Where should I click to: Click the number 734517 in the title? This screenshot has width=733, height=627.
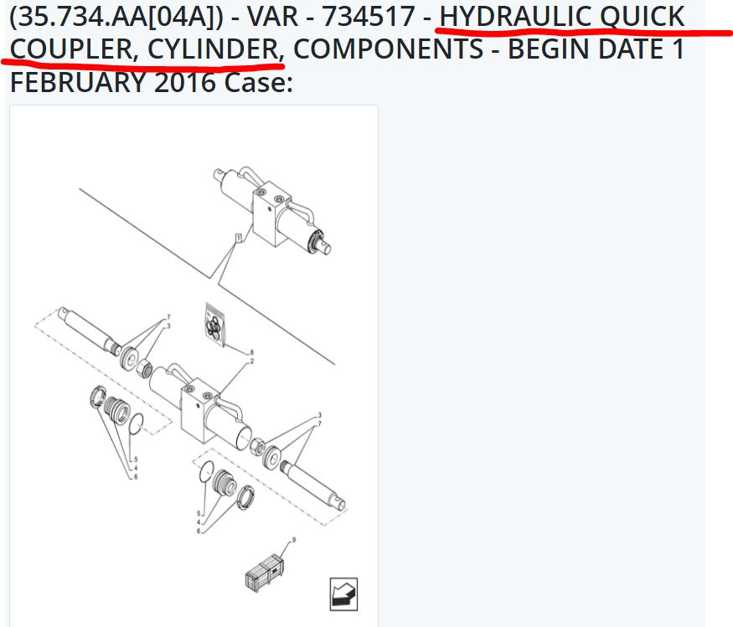368,17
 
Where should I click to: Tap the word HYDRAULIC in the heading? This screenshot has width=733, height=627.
514,17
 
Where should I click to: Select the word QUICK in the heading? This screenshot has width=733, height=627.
642,18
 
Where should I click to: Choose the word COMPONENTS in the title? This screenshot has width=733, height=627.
388,49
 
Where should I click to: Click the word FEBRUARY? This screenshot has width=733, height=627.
78,82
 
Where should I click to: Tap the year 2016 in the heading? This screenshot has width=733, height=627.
184,82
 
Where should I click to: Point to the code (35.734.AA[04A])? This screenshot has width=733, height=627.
116,18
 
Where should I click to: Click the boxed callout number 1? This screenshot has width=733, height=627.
239,239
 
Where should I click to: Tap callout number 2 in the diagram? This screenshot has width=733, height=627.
252,361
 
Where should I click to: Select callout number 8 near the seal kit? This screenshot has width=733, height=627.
252,352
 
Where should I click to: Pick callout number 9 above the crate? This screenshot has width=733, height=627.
294,540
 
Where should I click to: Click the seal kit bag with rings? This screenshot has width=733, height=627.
214,325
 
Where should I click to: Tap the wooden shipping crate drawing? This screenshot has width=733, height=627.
264,573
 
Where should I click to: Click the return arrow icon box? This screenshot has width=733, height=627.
343,594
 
